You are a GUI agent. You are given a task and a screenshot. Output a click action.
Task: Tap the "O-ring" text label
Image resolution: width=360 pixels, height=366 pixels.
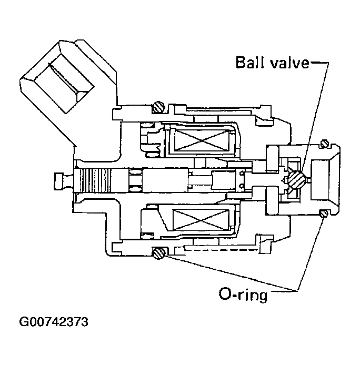243,293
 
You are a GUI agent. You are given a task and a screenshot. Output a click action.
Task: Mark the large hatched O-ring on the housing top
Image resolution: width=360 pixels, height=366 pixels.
158,108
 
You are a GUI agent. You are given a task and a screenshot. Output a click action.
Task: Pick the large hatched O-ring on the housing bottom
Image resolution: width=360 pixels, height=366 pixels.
158,253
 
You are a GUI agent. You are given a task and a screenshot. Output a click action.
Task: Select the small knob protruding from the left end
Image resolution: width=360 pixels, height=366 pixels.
59,180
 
